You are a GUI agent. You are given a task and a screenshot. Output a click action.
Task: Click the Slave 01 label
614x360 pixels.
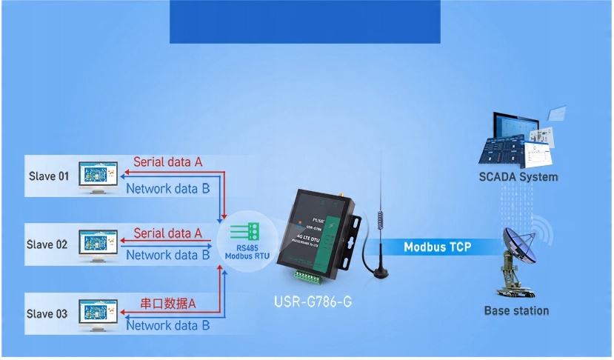48,176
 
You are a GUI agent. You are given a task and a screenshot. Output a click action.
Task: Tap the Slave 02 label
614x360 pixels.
47,244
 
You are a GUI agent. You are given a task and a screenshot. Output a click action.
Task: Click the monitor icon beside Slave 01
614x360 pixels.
99,176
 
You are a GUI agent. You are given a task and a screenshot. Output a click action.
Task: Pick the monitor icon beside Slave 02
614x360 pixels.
99,244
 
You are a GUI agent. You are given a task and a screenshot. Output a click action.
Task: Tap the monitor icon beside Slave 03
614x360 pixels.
99,313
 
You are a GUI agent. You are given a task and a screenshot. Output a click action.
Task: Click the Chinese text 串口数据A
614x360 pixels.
168,303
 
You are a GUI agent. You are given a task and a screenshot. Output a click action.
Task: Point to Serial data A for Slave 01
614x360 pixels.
168,161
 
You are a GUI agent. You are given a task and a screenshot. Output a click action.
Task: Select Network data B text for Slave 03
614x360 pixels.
168,325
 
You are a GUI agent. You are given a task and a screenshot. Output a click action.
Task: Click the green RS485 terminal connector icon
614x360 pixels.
247,230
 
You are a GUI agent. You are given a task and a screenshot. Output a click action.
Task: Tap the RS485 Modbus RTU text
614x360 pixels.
247,252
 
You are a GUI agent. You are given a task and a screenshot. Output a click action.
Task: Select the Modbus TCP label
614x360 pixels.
437,247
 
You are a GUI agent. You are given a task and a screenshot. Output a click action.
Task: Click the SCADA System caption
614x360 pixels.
518,177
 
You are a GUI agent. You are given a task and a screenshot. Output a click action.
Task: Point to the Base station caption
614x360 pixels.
516,310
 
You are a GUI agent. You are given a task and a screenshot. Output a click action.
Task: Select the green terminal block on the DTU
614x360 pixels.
309,276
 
